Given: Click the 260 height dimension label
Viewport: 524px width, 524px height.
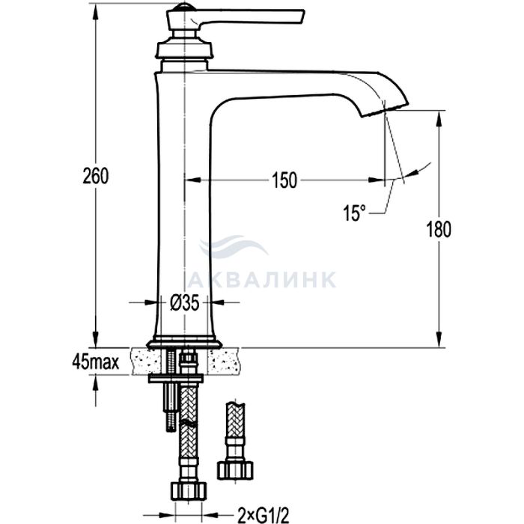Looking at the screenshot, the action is pos(96,176).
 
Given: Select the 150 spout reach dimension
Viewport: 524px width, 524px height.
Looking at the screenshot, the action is pos(284,180).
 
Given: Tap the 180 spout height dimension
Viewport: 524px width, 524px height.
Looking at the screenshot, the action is pos(439,229).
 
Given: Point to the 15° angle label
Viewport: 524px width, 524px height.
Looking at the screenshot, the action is pos(354,213).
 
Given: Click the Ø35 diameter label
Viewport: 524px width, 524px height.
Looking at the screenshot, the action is pos(185,303).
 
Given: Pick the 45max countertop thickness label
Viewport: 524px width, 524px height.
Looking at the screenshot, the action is pos(96,362).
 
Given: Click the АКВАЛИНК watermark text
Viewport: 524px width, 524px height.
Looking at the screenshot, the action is pos(262,279).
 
